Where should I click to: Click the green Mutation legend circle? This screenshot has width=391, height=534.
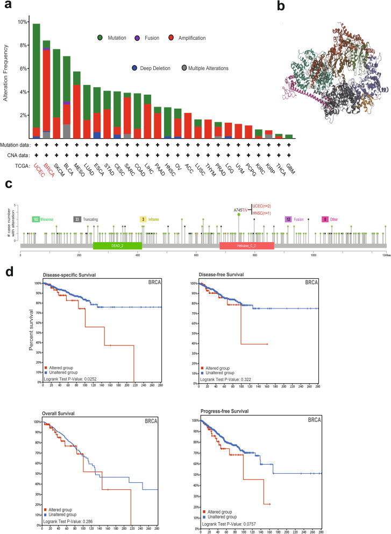101,37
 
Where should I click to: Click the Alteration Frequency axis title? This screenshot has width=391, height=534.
7,72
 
